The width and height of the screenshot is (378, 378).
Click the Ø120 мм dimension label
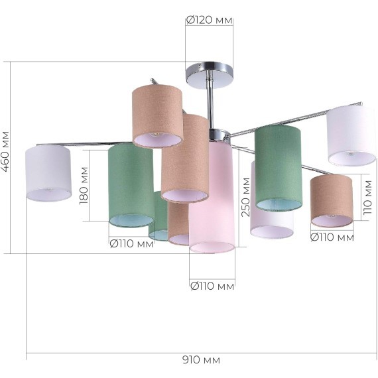210,20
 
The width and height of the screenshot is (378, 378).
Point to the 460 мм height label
5,152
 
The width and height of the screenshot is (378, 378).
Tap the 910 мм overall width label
201,360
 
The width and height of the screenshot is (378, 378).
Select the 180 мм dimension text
84,186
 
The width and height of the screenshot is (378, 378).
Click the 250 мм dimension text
245,197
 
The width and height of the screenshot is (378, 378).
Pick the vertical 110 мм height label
367,198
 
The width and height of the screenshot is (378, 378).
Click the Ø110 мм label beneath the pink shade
212,286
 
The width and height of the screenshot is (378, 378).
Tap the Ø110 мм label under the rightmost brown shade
332,237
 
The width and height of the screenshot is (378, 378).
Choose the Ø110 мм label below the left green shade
131,244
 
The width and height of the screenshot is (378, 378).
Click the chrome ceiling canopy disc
210,76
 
